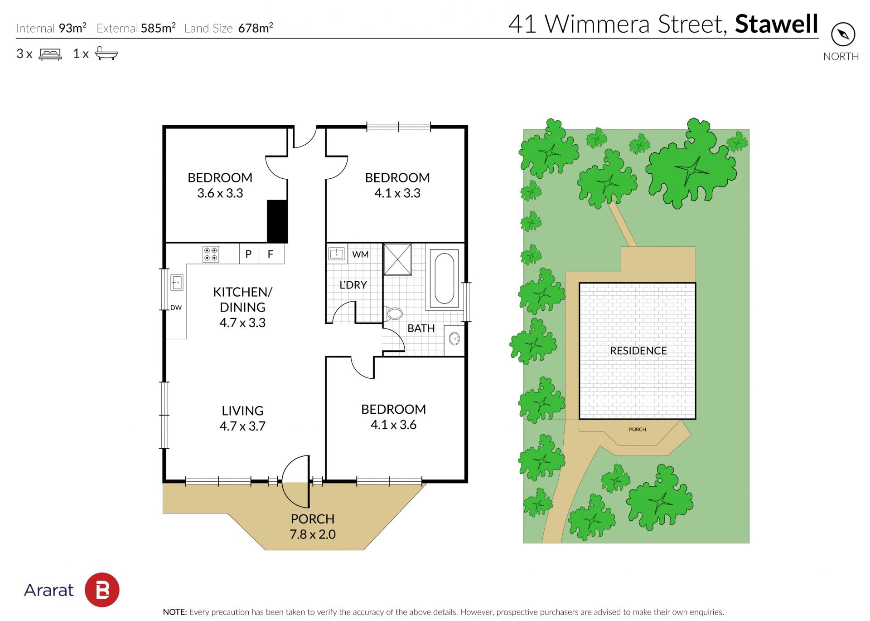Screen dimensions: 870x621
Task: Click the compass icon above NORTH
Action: pos(843,34)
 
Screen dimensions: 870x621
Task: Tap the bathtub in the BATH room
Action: pos(444,279)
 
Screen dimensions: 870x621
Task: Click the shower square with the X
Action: pos(397,259)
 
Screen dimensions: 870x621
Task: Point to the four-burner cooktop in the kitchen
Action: pos(210,254)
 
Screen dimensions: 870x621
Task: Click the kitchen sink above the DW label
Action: pos(177,283)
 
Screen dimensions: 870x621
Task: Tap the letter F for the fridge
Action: pos(271,254)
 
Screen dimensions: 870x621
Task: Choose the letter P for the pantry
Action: pos(248,254)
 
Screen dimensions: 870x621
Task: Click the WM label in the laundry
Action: pos(360,254)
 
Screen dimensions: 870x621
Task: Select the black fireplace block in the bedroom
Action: pos(277,221)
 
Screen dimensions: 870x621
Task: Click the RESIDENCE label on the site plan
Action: pos(638,351)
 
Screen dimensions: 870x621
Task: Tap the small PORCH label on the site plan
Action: pos(637,429)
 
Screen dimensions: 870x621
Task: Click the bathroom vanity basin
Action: pos(454,338)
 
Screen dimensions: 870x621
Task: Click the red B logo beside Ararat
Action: pos(102,590)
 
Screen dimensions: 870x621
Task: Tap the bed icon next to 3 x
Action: pos(50,54)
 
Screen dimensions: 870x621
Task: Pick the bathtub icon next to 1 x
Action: pos(106,53)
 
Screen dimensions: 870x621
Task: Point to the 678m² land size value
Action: pos(256,28)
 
